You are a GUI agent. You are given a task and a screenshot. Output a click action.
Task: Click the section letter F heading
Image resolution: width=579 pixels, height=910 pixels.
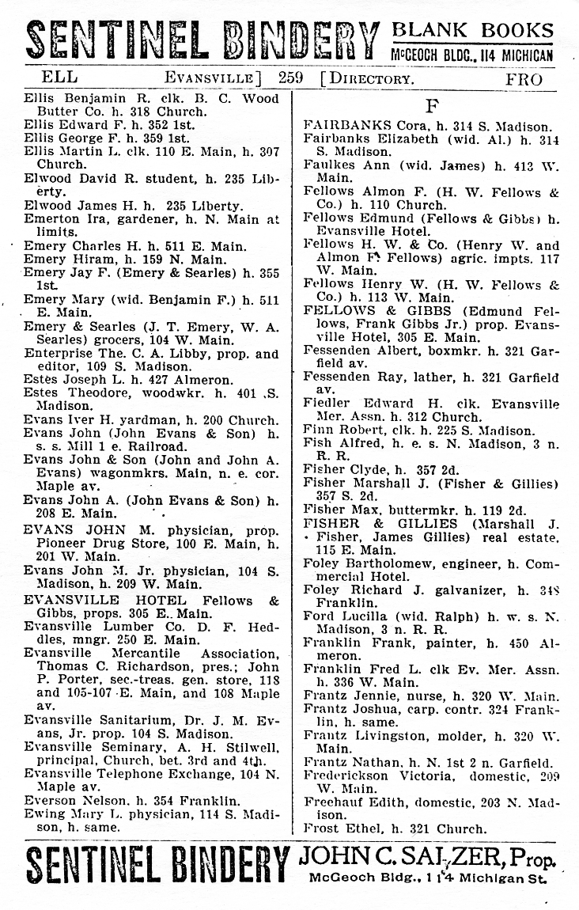click(432, 105)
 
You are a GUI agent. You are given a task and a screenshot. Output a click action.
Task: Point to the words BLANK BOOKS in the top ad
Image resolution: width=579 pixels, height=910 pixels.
click(473, 30)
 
